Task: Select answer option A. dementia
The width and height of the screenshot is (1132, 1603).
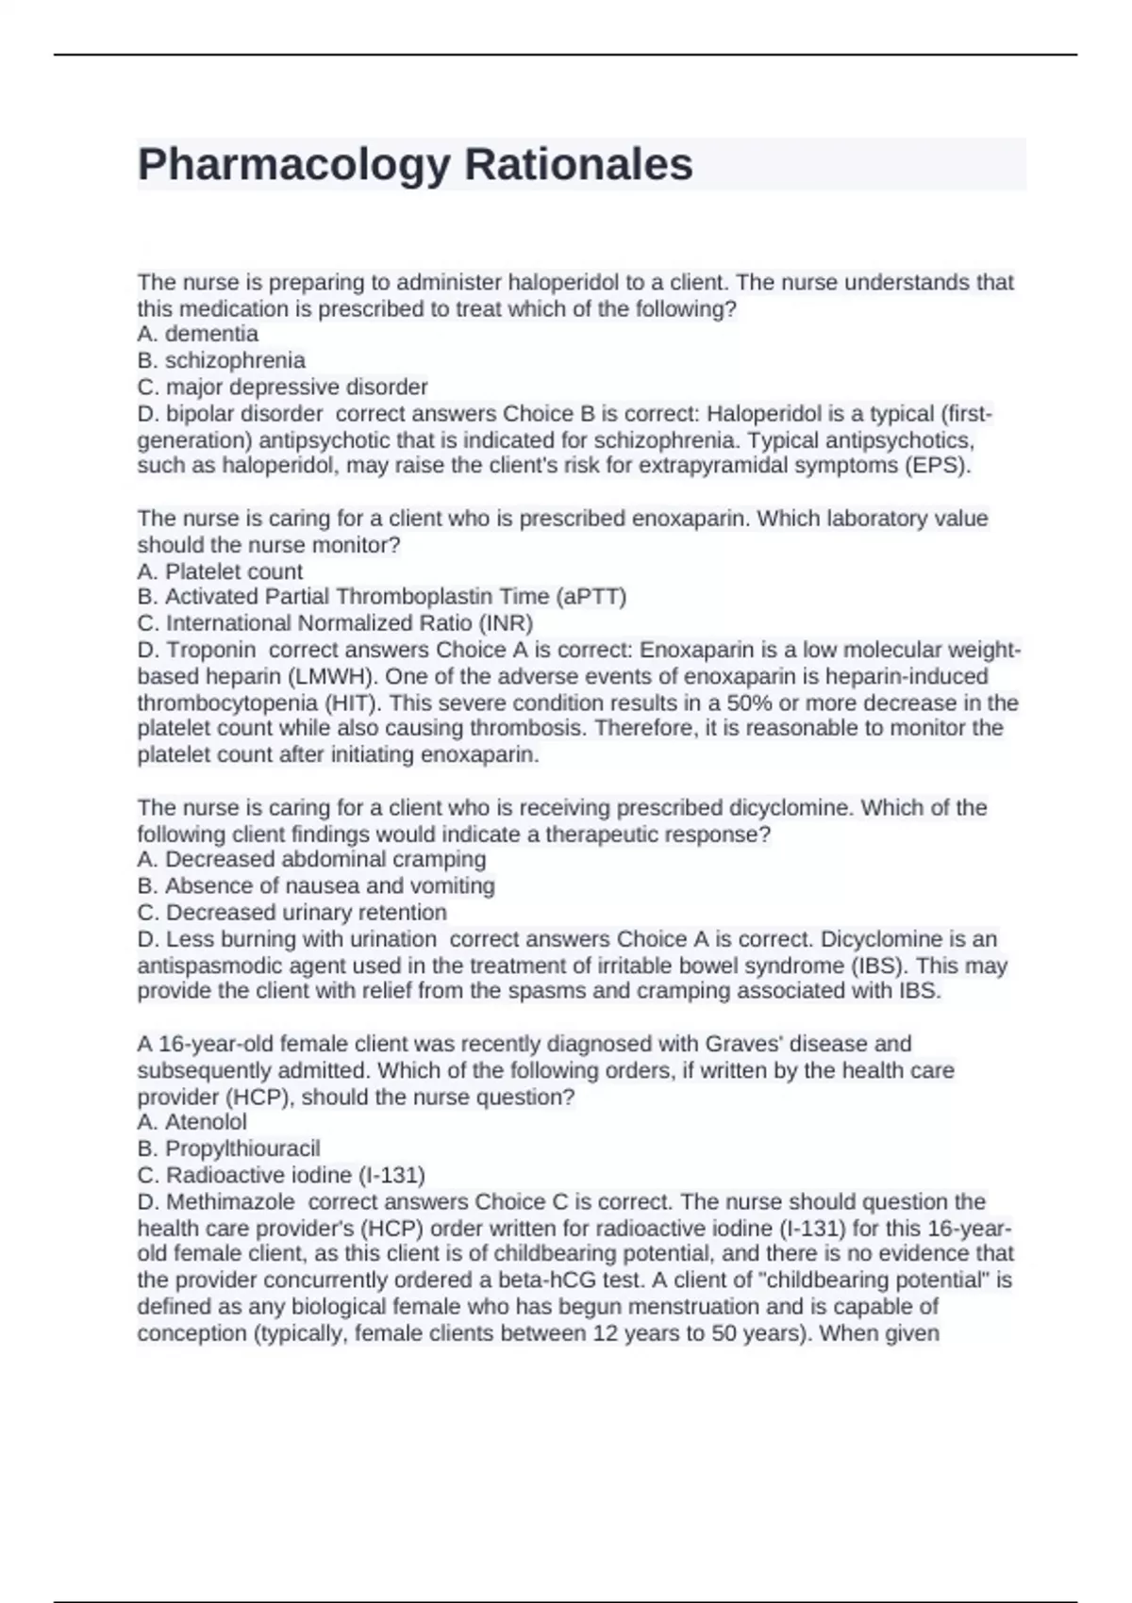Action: click(x=198, y=334)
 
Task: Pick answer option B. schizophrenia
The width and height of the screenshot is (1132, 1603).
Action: click(x=222, y=360)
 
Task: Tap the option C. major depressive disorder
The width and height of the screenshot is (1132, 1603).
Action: click(x=283, y=387)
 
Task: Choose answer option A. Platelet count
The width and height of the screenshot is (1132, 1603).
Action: click(x=220, y=571)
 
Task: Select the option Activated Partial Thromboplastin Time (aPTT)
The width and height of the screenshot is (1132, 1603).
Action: click(x=382, y=597)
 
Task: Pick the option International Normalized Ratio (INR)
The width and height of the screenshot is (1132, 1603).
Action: click(x=336, y=623)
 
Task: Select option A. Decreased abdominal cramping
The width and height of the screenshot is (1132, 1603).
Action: click(x=312, y=859)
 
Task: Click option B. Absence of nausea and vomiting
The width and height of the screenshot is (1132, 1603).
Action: click(x=316, y=885)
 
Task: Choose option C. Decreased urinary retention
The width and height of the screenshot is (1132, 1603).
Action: click(x=292, y=912)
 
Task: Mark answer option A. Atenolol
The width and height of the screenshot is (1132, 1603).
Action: click(x=192, y=1122)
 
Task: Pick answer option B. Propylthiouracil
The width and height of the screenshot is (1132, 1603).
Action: click(x=229, y=1149)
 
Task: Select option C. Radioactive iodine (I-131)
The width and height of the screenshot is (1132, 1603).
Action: click(x=282, y=1175)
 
